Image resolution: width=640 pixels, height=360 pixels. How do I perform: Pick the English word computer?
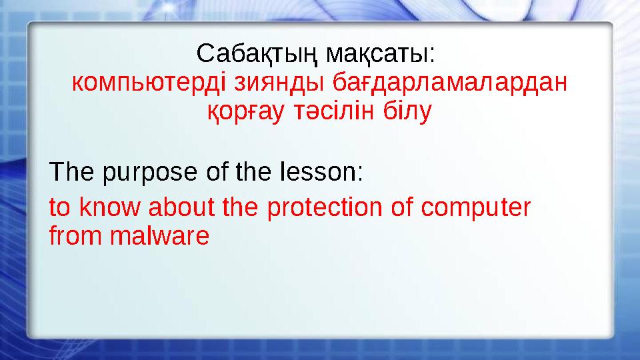475,209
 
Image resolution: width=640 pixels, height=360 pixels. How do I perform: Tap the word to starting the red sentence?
60,208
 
